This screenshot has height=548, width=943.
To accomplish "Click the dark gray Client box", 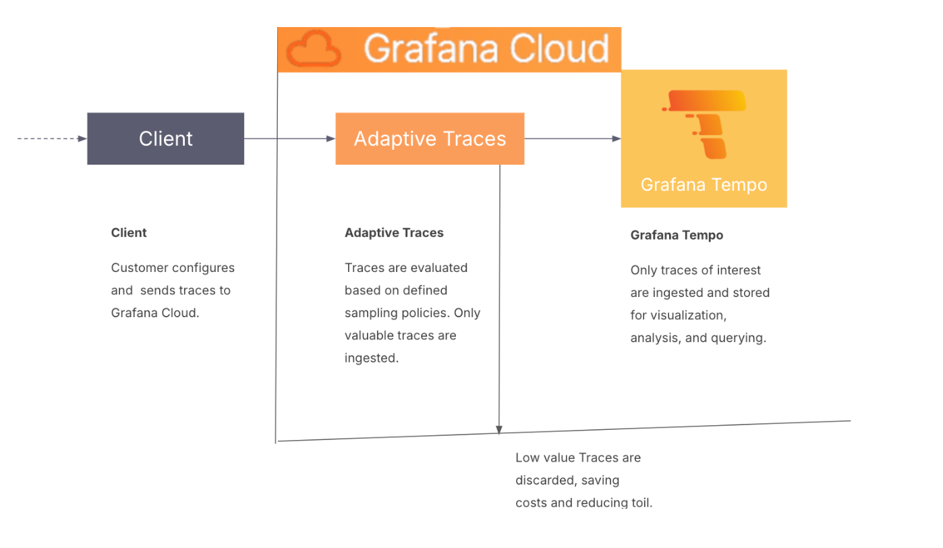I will pos(165,138).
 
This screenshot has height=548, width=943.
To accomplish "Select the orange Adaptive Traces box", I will pos(430,138).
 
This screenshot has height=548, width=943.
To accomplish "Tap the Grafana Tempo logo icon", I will pos(704,124).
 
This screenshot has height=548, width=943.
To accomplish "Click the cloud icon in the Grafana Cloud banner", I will pos(313,49).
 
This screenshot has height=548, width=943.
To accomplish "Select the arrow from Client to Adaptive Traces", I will pos(289,138).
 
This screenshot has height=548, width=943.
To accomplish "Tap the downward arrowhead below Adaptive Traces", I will pos(499,429).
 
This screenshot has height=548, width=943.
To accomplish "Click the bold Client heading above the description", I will pos(129,233).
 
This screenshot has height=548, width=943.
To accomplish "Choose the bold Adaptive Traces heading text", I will pos(394,233).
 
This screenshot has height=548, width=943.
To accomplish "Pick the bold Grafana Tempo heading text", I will pos(677,236).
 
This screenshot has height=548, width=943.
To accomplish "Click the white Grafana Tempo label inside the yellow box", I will pos(704,185).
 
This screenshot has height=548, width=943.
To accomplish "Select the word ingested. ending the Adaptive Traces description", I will pos(372,358).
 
